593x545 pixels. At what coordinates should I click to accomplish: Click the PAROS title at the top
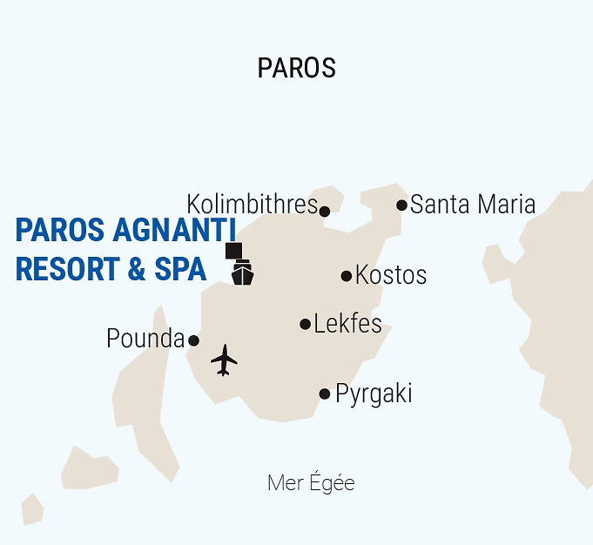click(296, 68)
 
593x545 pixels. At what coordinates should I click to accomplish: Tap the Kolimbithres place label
click(252, 205)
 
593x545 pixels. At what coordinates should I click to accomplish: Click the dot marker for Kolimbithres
click(325, 211)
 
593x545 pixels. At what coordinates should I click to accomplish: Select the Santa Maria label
click(472, 205)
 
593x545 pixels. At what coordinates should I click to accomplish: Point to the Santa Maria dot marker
click(401, 205)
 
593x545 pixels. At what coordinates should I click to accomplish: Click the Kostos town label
click(391, 275)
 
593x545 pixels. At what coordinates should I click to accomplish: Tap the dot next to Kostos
click(347, 276)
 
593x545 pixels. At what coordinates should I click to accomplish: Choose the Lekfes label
click(347, 324)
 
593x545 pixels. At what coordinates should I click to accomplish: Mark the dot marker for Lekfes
click(305, 324)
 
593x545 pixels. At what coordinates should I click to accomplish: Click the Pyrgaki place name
click(374, 394)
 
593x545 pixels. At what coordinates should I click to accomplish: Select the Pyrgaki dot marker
click(325, 394)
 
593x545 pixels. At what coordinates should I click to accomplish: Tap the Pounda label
click(145, 339)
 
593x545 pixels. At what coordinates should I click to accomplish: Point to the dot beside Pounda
click(193, 340)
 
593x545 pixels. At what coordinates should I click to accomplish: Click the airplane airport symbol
click(224, 360)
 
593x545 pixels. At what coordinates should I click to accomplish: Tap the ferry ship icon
click(242, 273)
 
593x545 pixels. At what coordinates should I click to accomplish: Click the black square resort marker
click(232, 251)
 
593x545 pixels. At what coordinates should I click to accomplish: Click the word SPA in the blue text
click(180, 269)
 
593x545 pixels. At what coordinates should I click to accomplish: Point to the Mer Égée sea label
click(311, 483)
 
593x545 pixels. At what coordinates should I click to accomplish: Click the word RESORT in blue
click(66, 269)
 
